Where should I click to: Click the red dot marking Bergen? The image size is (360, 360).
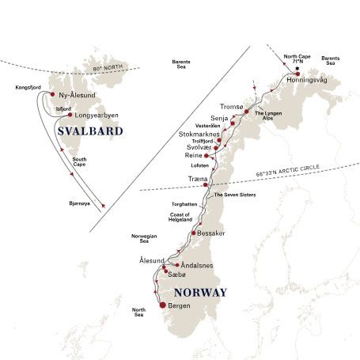click(163, 305)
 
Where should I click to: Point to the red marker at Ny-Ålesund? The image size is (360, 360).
click(52, 94)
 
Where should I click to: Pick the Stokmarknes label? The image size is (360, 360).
click(193, 135)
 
